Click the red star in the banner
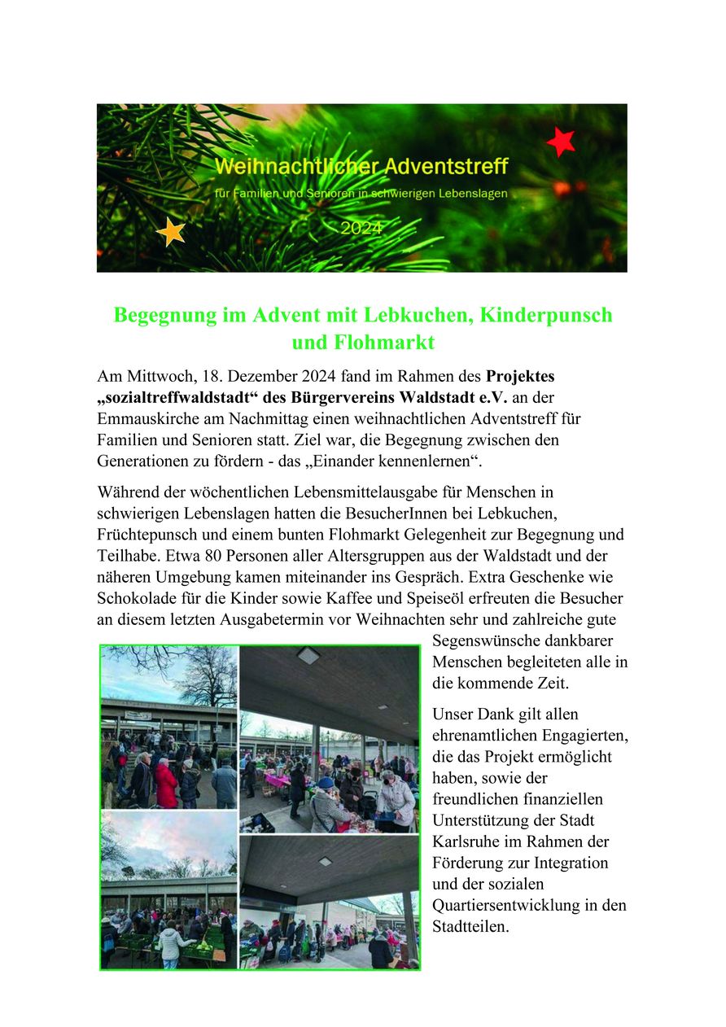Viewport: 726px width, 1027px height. (x=561, y=142)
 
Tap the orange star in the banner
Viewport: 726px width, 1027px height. (x=171, y=232)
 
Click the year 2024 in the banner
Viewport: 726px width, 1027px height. (x=361, y=229)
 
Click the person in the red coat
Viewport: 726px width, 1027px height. (x=166, y=784)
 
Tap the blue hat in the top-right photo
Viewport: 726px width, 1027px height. (x=325, y=782)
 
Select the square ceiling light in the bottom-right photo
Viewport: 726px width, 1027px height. (x=325, y=860)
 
